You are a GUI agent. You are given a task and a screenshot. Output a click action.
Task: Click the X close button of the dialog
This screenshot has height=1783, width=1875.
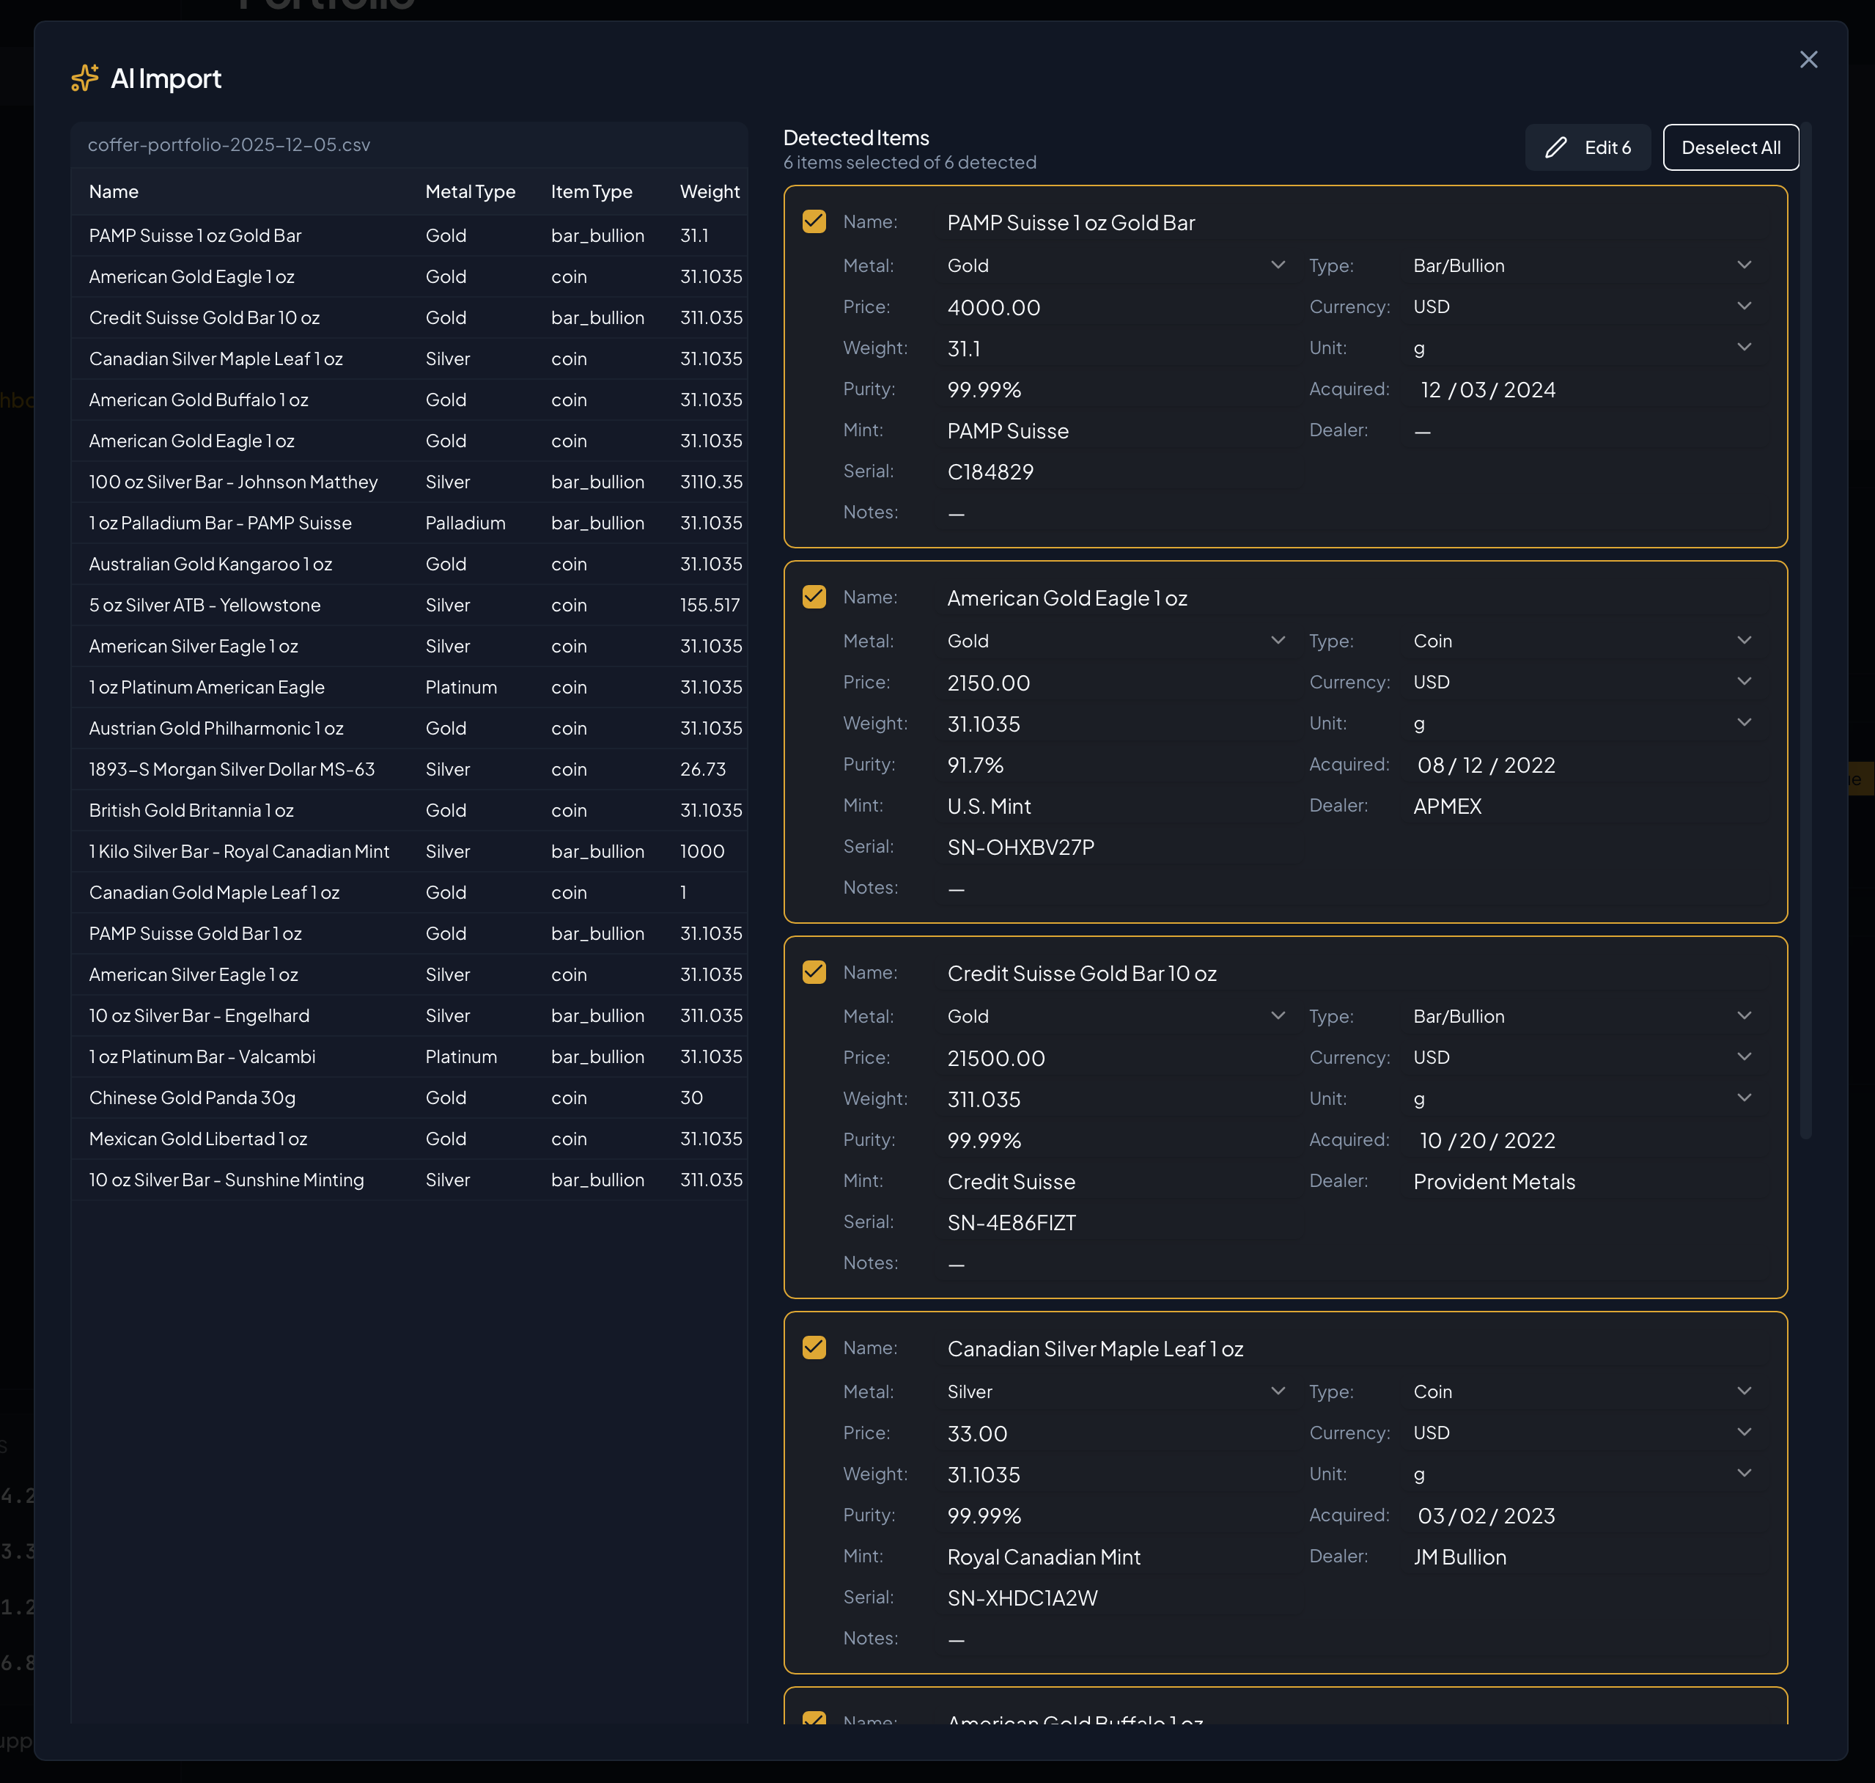pyautogui.click(x=1808, y=60)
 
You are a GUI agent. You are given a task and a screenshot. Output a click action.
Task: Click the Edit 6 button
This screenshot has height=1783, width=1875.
pyautogui.click(x=1587, y=147)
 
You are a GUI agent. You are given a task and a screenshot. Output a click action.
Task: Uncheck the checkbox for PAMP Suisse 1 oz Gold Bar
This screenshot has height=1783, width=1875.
pyautogui.click(x=814, y=221)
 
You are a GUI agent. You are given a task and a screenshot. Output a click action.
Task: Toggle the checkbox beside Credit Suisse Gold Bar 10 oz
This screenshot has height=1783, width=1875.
pyautogui.click(x=814, y=972)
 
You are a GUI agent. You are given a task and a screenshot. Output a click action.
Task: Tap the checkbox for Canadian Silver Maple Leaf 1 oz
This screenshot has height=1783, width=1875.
pyautogui.click(x=814, y=1348)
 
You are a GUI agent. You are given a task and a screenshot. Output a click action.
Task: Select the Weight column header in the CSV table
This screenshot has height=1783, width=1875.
pyautogui.click(x=709, y=192)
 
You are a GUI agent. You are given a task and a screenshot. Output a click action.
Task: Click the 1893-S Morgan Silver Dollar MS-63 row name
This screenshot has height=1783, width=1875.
pyautogui.click(x=232, y=769)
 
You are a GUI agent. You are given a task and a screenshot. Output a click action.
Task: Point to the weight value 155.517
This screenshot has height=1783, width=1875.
pyautogui.click(x=709, y=606)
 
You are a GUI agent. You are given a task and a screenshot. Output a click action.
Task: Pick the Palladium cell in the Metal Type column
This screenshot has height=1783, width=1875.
pyautogui.click(x=465, y=523)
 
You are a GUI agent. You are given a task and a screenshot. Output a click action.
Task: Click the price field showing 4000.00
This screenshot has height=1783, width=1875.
pyautogui.click(x=994, y=308)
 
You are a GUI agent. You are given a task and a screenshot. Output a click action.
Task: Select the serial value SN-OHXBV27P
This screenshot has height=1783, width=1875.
pyautogui.click(x=1020, y=847)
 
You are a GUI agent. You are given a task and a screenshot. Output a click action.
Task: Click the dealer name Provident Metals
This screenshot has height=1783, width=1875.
pyautogui.click(x=1493, y=1181)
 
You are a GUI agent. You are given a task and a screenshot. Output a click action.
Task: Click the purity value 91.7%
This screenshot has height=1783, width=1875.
pyautogui.click(x=975, y=765)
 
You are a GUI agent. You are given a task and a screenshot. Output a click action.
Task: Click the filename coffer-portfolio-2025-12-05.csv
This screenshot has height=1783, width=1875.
pyautogui.click(x=229, y=145)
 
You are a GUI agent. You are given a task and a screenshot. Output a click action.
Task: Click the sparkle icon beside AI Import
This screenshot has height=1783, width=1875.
pyautogui.click(x=84, y=78)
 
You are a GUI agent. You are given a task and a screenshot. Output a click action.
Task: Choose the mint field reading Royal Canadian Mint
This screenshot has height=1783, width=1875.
pyautogui.click(x=1044, y=1556)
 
